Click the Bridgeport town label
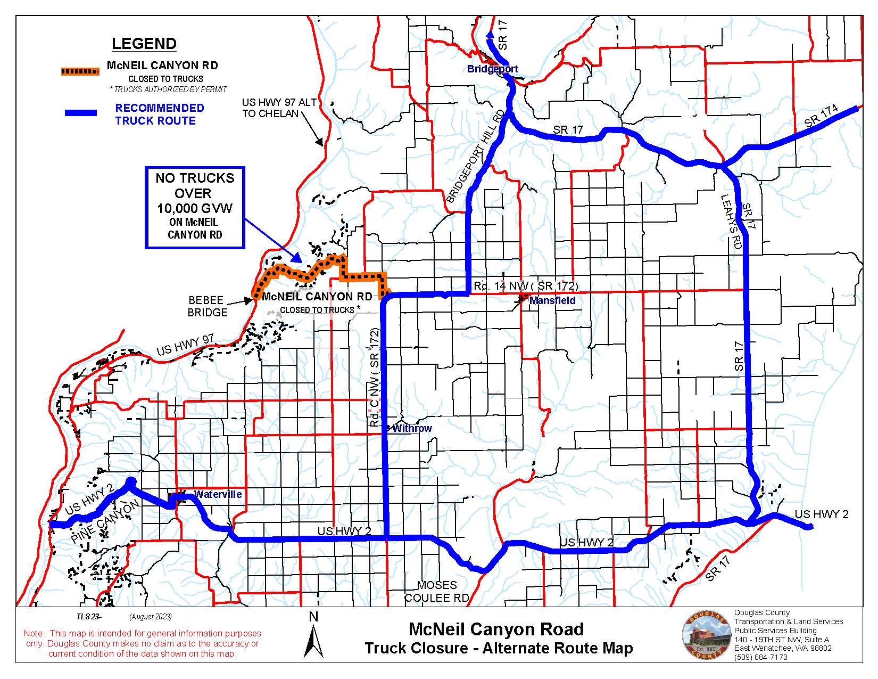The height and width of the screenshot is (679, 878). coord(492,69)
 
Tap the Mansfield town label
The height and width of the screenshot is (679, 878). coord(552,301)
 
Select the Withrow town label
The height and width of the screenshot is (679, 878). coord(412,428)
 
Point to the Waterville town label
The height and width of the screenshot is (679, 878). coord(218,494)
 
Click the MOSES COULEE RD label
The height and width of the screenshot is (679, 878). coord(436,592)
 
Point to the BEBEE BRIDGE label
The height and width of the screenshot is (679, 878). coord(207,306)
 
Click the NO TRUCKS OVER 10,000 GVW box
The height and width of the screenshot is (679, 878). coord(195,208)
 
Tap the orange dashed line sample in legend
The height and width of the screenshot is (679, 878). coord(80,71)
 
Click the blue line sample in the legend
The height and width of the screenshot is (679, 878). coord(80,113)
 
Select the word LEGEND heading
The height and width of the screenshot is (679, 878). coord(144,44)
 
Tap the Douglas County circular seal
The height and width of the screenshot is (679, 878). coord(706,635)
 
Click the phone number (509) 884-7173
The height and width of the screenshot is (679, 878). coord(760,657)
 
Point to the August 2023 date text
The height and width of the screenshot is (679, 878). coord(150,617)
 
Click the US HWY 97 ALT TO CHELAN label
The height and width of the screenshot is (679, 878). coord(279,108)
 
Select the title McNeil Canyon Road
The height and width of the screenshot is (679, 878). coord(496,629)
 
